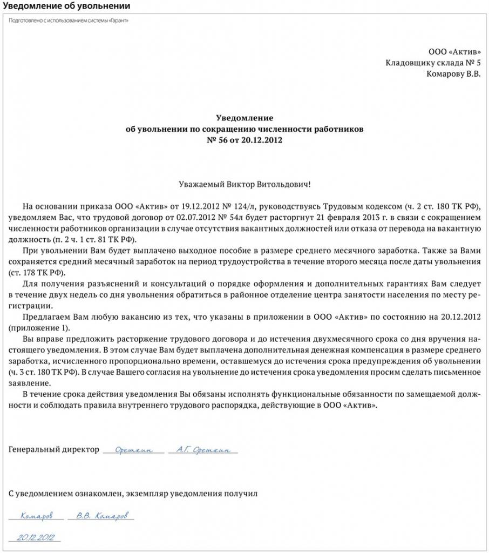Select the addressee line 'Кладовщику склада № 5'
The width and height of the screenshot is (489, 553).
pos(433,63)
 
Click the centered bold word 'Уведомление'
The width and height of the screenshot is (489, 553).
pos(244,118)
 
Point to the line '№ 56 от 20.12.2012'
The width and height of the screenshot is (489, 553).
pos(244,140)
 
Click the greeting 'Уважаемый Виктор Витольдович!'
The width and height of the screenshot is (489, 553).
pos(244,184)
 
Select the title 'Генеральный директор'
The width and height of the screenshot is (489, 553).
pos(54,449)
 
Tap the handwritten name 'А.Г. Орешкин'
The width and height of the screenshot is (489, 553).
pos(203,449)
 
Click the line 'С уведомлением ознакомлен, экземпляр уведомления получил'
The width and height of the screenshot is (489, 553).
pos(133,494)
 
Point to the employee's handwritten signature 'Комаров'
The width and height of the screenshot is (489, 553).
pos(37,516)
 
